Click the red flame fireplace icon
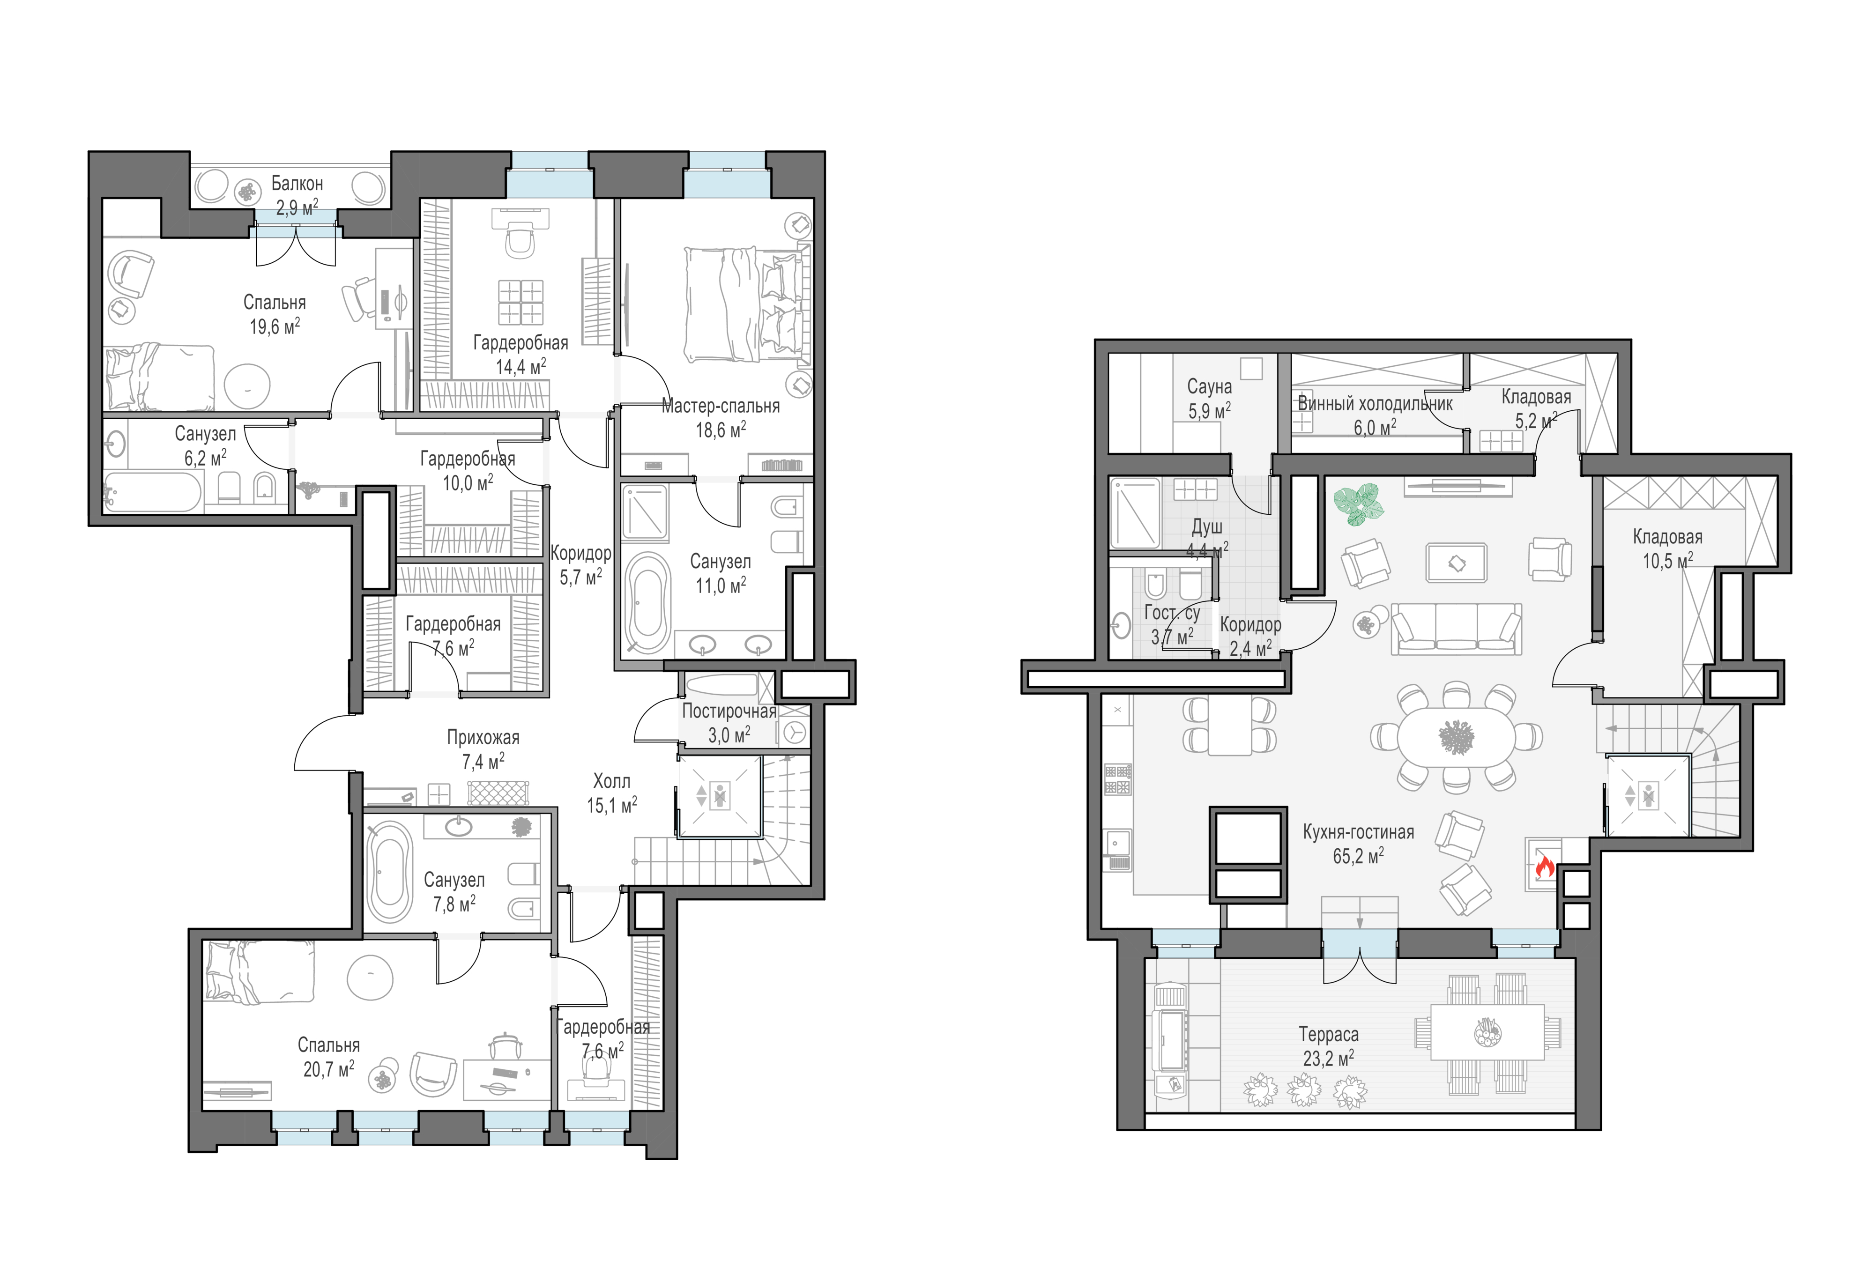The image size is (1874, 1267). tap(1544, 867)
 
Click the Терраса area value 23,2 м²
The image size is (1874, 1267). tap(1328, 1058)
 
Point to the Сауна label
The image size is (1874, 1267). tap(1209, 387)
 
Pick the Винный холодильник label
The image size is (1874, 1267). tap(1375, 404)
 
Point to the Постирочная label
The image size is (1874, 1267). tap(729, 711)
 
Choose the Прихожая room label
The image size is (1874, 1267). tap(483, 737)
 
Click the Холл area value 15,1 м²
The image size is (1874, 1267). tap(612, 805)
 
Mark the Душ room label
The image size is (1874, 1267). tap(1207, 527)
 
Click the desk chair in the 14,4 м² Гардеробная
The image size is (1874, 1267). tap(520, 240)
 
